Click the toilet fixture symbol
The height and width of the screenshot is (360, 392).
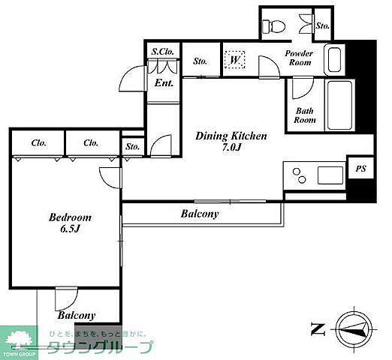[x=273, y=25]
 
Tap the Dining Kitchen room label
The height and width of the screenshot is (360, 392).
[x=231, y=136]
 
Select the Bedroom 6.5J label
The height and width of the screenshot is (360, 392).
[x=70, y=223]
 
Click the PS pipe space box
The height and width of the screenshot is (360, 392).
[x=360, y=169]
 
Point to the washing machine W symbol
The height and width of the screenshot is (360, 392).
[x=234, y=59]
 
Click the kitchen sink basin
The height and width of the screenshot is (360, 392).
[x=330, y=175]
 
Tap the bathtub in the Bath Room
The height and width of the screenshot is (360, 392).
[x=339, y=105]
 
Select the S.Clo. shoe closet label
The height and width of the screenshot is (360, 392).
[x=163, y=52]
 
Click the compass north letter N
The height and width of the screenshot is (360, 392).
[x=318, y=328]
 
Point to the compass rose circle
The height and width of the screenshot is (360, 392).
[x=354, y=328]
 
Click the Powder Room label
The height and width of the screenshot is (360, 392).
[x=300, y=58]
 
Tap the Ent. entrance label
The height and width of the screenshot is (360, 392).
[x=164, y=83]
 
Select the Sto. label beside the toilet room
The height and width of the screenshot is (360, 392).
[x=323, y=25]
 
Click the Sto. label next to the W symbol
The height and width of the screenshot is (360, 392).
[x=200, y=61]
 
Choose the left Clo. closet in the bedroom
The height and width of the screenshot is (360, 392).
[x=39, y=143]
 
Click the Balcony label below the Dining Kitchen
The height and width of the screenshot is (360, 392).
[x=200, y=214]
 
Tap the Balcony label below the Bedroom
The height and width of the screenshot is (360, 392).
[x=77, y=316]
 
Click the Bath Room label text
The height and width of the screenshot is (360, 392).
[x=304, y=115]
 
